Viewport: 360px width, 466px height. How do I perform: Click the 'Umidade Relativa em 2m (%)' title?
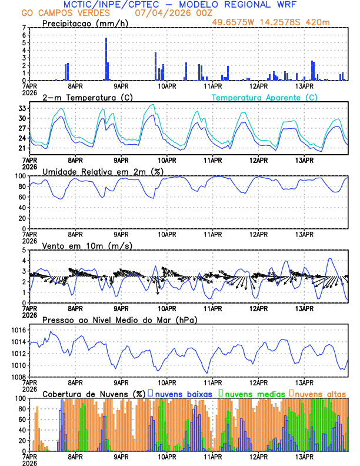[102, 171]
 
